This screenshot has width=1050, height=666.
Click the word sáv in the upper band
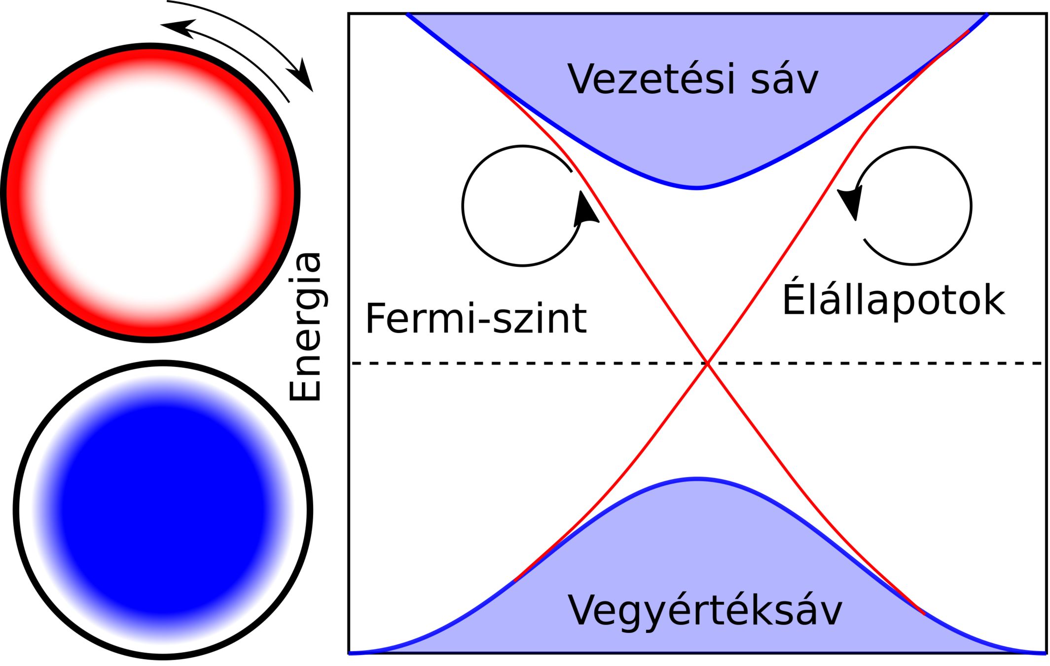click(785, 80)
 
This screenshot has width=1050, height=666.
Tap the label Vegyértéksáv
click(705, 611)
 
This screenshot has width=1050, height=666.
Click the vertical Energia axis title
click(306, 327)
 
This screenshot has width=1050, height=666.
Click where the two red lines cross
click(708, 364)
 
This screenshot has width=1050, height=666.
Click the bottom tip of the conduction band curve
click(697, 188)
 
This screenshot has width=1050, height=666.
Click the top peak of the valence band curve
click(697, 479)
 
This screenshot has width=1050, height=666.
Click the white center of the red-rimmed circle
click(150, 192)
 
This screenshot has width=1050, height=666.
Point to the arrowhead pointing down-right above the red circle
click(304, 77)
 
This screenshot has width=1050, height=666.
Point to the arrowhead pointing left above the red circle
click(177, 27)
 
